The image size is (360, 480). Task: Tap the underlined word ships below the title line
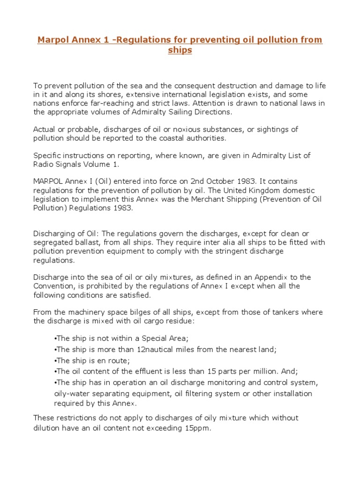(x=180, y=50)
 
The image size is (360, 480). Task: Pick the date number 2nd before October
(x=200, y=181)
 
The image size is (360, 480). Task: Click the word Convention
(x=54, y=286)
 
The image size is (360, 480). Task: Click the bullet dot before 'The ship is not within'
(x=55, y=338)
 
